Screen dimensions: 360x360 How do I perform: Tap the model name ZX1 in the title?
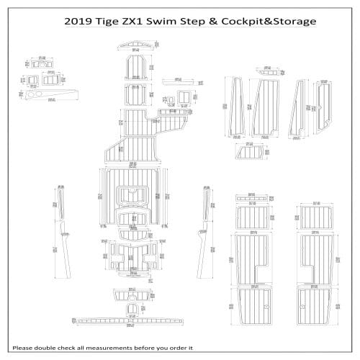pos(149,21)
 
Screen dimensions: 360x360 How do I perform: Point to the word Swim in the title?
pos(179,21)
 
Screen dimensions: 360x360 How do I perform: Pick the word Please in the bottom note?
pos(25,348)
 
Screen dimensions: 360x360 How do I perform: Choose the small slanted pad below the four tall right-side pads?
pos(252,152)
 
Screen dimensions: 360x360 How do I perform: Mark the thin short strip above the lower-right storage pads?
pos(252,197)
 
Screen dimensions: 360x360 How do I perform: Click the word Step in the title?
pos(207,21)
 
